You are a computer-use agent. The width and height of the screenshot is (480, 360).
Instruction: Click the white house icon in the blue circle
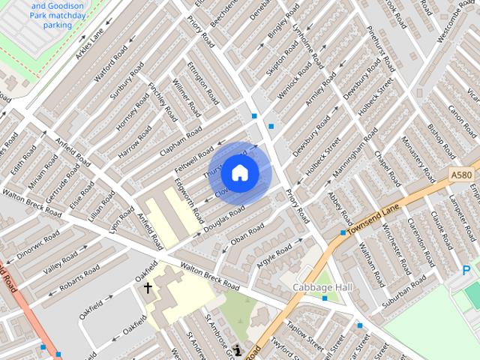pos(240,172)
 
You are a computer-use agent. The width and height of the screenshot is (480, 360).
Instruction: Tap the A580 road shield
pos(461,175)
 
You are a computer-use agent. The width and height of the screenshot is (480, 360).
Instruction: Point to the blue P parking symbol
pos(466,271)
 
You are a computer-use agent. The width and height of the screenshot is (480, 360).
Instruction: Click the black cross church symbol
pos(148,287)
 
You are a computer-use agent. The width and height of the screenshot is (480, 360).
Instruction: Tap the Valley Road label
pos(61,265)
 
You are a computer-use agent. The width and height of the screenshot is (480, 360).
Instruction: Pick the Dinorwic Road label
pos(38,244)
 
